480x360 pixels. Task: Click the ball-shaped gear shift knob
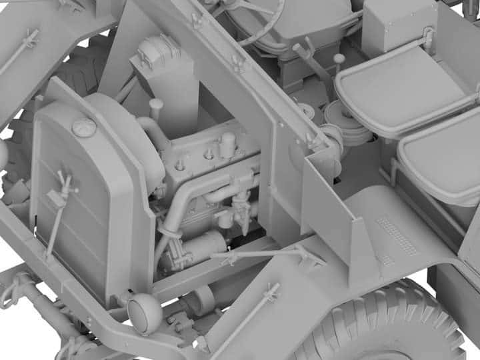(339, 59)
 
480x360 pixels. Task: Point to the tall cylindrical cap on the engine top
(228, 144)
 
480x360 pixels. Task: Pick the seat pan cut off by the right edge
(443, 160)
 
